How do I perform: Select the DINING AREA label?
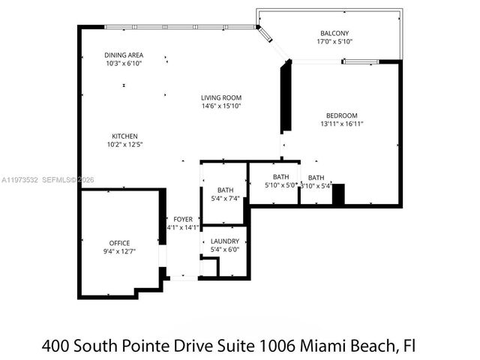[x=124, y=55]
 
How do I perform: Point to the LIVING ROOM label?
[x=221, y=97]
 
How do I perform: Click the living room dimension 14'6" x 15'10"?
[x=221, y=106]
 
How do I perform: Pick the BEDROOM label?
[x=341, y=115]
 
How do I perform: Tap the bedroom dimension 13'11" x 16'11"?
[x=341, y=124]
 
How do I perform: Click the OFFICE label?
[x=120, y=243]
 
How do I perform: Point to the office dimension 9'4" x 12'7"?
[x=120, y=251]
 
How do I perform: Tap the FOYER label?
[x=183, y=219]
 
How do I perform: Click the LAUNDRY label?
[x=225, y=241]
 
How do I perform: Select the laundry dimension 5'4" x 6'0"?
[x=225, y=250]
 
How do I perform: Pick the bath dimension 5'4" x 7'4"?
[x=225, y=199]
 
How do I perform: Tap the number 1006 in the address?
[x=277, y=346]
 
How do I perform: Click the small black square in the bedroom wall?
[x=338, y=194]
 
